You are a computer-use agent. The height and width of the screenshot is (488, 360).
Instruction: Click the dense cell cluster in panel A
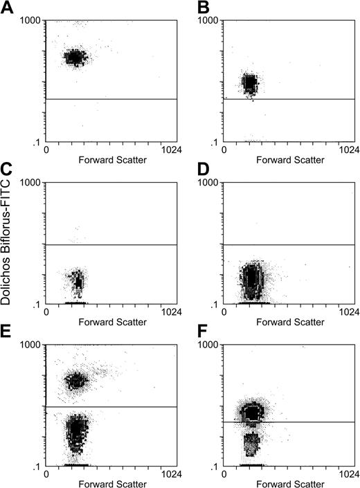pos(74,57)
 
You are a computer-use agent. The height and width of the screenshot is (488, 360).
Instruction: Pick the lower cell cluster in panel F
pos(251,441)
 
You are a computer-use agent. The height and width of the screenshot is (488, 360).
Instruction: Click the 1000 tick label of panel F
pos(210,345)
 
